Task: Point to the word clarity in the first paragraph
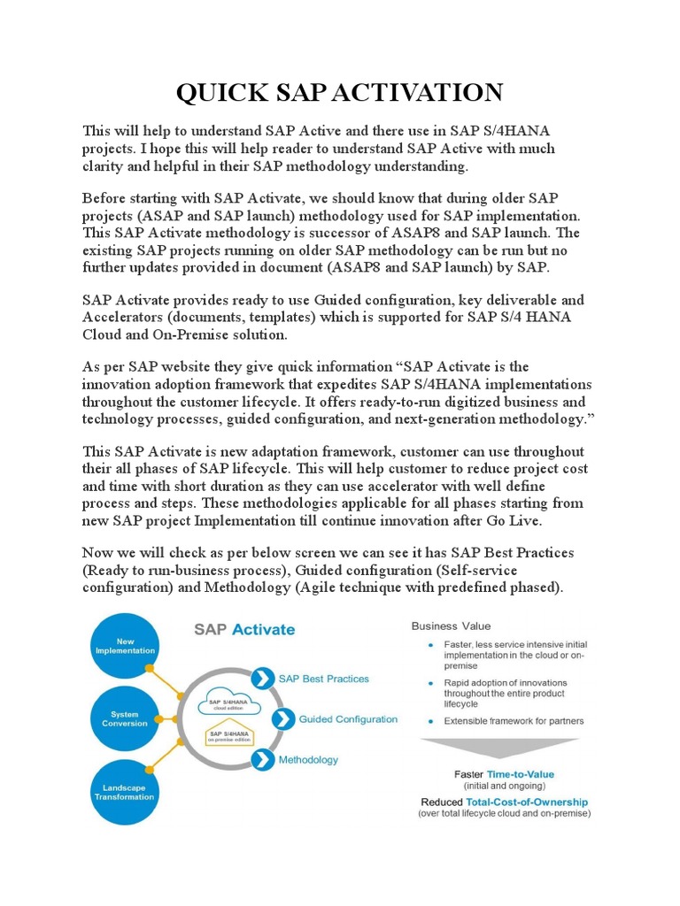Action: tap(105, 165)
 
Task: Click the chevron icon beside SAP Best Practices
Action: tap(263, 679)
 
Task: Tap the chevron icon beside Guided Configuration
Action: tap(283, 718)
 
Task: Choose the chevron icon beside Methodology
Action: tap(264, 758)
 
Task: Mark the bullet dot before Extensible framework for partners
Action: tap(431, 721)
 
